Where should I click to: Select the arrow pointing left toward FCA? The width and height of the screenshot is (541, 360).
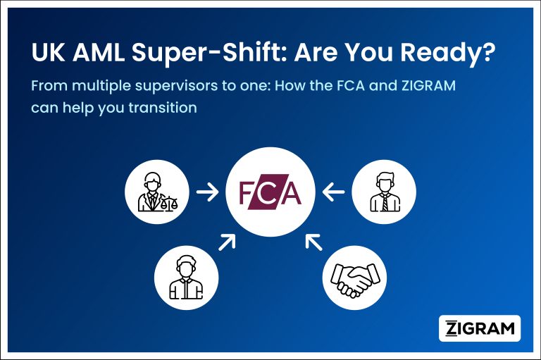(334, 190)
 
